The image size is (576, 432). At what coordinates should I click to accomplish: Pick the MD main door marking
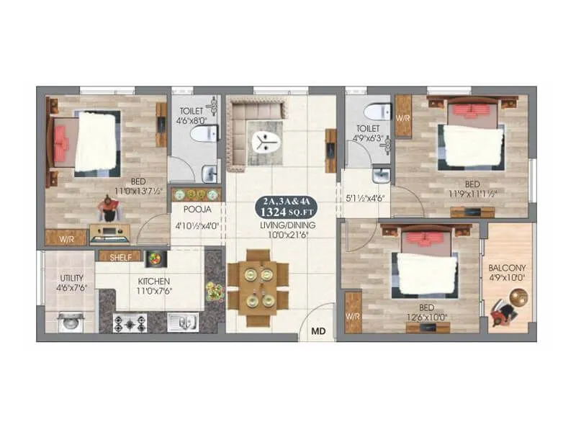pos(317,332)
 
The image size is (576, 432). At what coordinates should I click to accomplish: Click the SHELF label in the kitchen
pos(120,256)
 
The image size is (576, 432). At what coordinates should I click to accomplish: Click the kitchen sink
pos(181,322)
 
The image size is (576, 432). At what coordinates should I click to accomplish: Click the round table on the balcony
pos(519,296)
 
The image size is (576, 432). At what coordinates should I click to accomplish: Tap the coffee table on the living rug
pos(267,139)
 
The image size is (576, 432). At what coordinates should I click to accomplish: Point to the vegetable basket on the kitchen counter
pos(215,291)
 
